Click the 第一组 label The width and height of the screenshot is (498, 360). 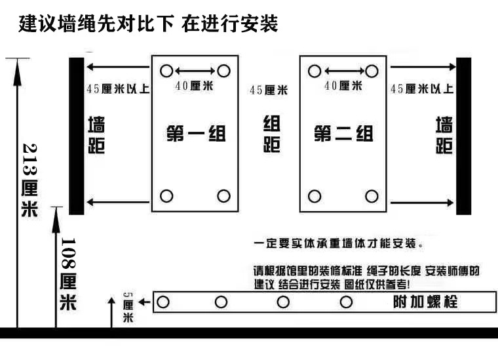[x=195, y=133]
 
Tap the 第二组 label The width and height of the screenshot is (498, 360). [x=343, y=133]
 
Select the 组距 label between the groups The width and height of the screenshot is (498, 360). [x=271, y=133]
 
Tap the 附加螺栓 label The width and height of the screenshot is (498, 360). [x=424, y=302]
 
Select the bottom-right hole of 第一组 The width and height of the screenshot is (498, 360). [x=223, y=195]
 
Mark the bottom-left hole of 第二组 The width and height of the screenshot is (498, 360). [x=314, y=195]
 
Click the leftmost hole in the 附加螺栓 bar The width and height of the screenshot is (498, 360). [x=164, y=302]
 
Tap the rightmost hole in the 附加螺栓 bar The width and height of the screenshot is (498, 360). [x=347, y=302]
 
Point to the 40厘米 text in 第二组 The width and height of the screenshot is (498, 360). [x=343, y=85]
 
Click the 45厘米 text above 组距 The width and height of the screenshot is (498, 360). [x=269, y=90]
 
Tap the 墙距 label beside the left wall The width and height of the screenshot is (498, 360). [x=96, y=134]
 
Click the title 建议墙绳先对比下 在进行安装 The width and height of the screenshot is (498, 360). [x=149, y=24]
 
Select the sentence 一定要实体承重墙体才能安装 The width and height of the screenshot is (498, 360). [x=338, y=243]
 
